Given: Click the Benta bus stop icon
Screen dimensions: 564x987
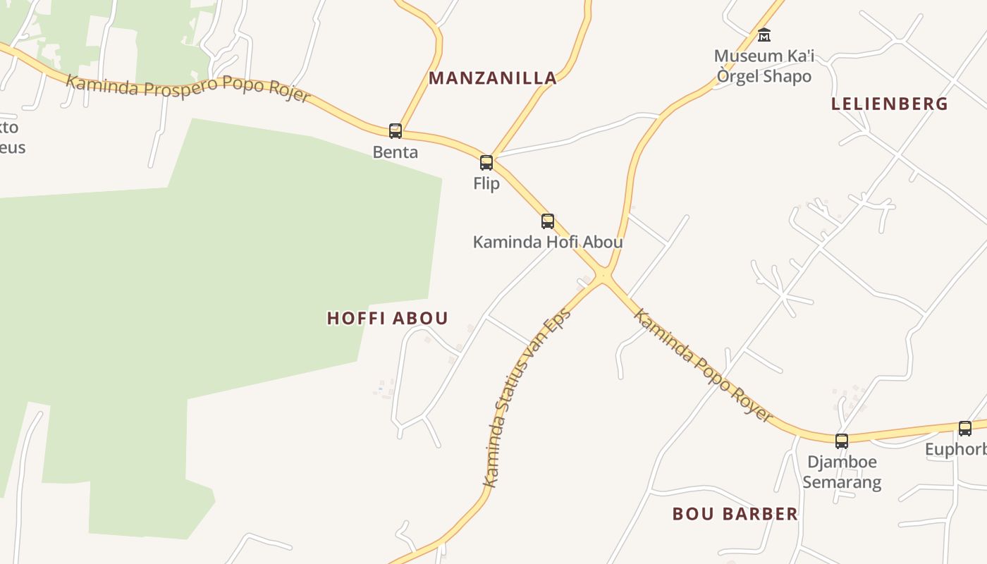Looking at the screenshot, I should tap(396, 130).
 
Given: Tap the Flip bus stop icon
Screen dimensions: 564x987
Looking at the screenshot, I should tap(486, 163).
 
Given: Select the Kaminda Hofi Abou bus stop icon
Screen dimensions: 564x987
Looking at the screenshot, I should tap(548, 221).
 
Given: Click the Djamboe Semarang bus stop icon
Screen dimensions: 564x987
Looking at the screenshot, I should tap(842, 441).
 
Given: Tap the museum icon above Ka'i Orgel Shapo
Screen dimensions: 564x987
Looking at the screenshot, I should tap(764, 35).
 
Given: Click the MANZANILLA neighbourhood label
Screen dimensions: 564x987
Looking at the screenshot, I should tap(493, 78).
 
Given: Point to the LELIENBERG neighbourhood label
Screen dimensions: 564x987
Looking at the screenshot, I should tap(889, 104).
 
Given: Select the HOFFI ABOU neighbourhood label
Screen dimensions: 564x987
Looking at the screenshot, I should tap(388, 319).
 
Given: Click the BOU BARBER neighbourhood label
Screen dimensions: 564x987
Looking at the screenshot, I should tap(735, 514).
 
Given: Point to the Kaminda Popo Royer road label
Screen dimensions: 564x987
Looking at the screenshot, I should tap(702, 364).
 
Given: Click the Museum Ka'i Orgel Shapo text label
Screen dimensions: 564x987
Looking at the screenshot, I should tap(764, 66).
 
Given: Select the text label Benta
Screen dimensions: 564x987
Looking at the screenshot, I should tap(396, 152).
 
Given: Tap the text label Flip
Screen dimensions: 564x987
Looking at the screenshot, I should tap(486, 184).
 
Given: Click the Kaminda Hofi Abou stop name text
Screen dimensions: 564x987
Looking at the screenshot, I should tap(548, 243).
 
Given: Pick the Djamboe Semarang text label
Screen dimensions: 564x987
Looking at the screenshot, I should tap(842, 472).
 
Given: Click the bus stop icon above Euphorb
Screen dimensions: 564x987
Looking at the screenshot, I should tap(965, 428).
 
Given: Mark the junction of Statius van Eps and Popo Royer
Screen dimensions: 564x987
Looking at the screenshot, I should tap(603, 276).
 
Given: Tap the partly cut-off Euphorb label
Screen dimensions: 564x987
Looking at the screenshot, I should tap(956, 450).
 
